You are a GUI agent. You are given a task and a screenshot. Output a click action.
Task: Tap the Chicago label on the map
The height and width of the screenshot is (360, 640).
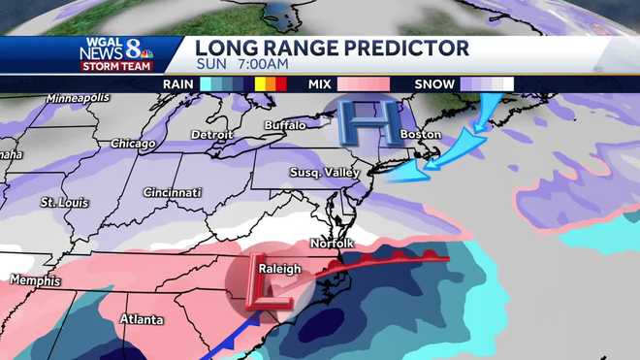133,143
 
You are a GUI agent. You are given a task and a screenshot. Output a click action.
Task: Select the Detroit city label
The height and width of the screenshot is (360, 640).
212,133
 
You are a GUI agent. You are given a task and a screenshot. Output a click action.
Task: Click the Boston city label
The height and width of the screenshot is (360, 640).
421,134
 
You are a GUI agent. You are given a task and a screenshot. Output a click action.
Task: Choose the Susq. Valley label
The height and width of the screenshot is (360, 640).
324,172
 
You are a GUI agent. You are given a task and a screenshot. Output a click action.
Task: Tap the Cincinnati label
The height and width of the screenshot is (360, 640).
172,192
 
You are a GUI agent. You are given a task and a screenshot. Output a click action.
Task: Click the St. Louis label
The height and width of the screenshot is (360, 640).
64,203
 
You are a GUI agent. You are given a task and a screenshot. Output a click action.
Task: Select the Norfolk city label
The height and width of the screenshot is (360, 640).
332,243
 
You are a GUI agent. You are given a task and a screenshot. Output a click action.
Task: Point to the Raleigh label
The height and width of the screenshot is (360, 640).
277,269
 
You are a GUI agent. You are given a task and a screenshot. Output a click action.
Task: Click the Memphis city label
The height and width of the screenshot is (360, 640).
35,280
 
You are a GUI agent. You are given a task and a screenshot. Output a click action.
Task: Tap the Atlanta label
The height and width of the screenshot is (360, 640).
141,318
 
